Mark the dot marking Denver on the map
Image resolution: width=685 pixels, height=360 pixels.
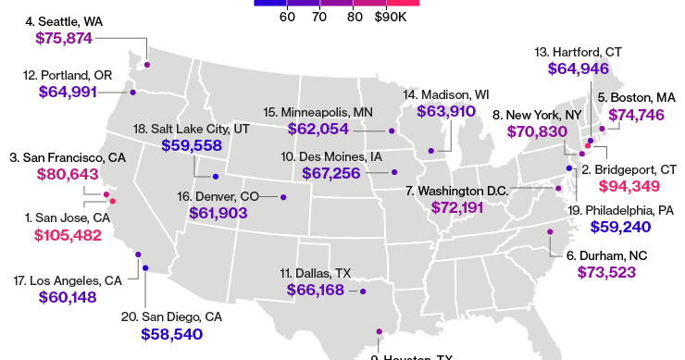click(283, 196)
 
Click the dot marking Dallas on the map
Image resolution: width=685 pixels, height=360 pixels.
click(362, 291)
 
